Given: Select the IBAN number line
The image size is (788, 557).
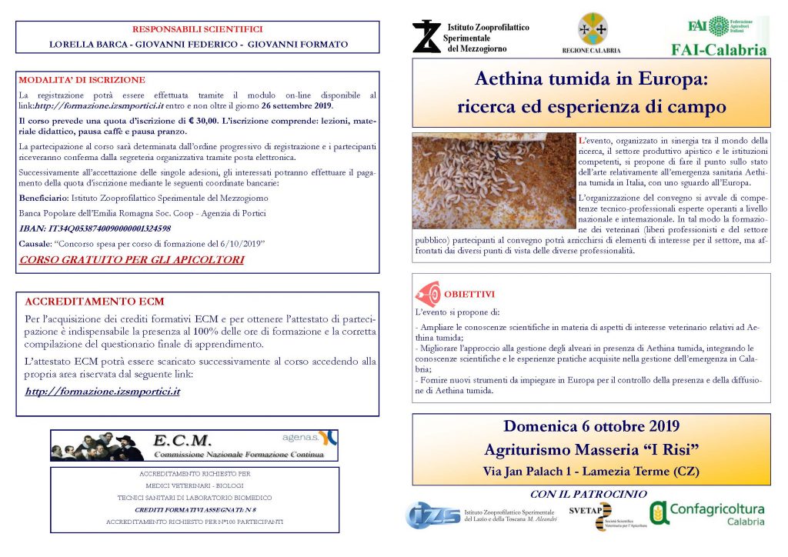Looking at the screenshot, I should click(95, 228).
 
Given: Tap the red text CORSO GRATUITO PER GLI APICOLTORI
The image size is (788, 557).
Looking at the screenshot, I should click(132, 259).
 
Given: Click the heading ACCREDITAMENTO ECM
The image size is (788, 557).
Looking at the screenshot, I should click(94, 302).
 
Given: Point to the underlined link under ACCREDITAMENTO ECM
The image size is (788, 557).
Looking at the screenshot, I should click(102, 391).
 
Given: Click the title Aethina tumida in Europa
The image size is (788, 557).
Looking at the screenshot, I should click(591, 79).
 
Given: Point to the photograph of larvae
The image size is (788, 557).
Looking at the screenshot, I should click(493, 182).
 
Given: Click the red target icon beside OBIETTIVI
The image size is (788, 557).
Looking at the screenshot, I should click(428, 294).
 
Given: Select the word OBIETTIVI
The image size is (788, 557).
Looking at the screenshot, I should click(469, 295).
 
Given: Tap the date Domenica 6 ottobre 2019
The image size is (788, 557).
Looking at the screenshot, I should click(591, 426).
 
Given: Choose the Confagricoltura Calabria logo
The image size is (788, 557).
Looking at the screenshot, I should click(708, 514).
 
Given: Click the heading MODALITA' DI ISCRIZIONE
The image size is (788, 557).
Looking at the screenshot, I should click(82, 79).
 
